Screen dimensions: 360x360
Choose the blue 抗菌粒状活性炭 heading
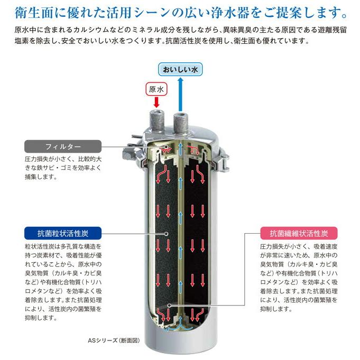click(x=63, y=233)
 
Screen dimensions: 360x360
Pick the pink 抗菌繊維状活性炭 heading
click(x=299, y=233)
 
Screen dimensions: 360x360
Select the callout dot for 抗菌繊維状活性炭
click(x=169, y=305)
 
